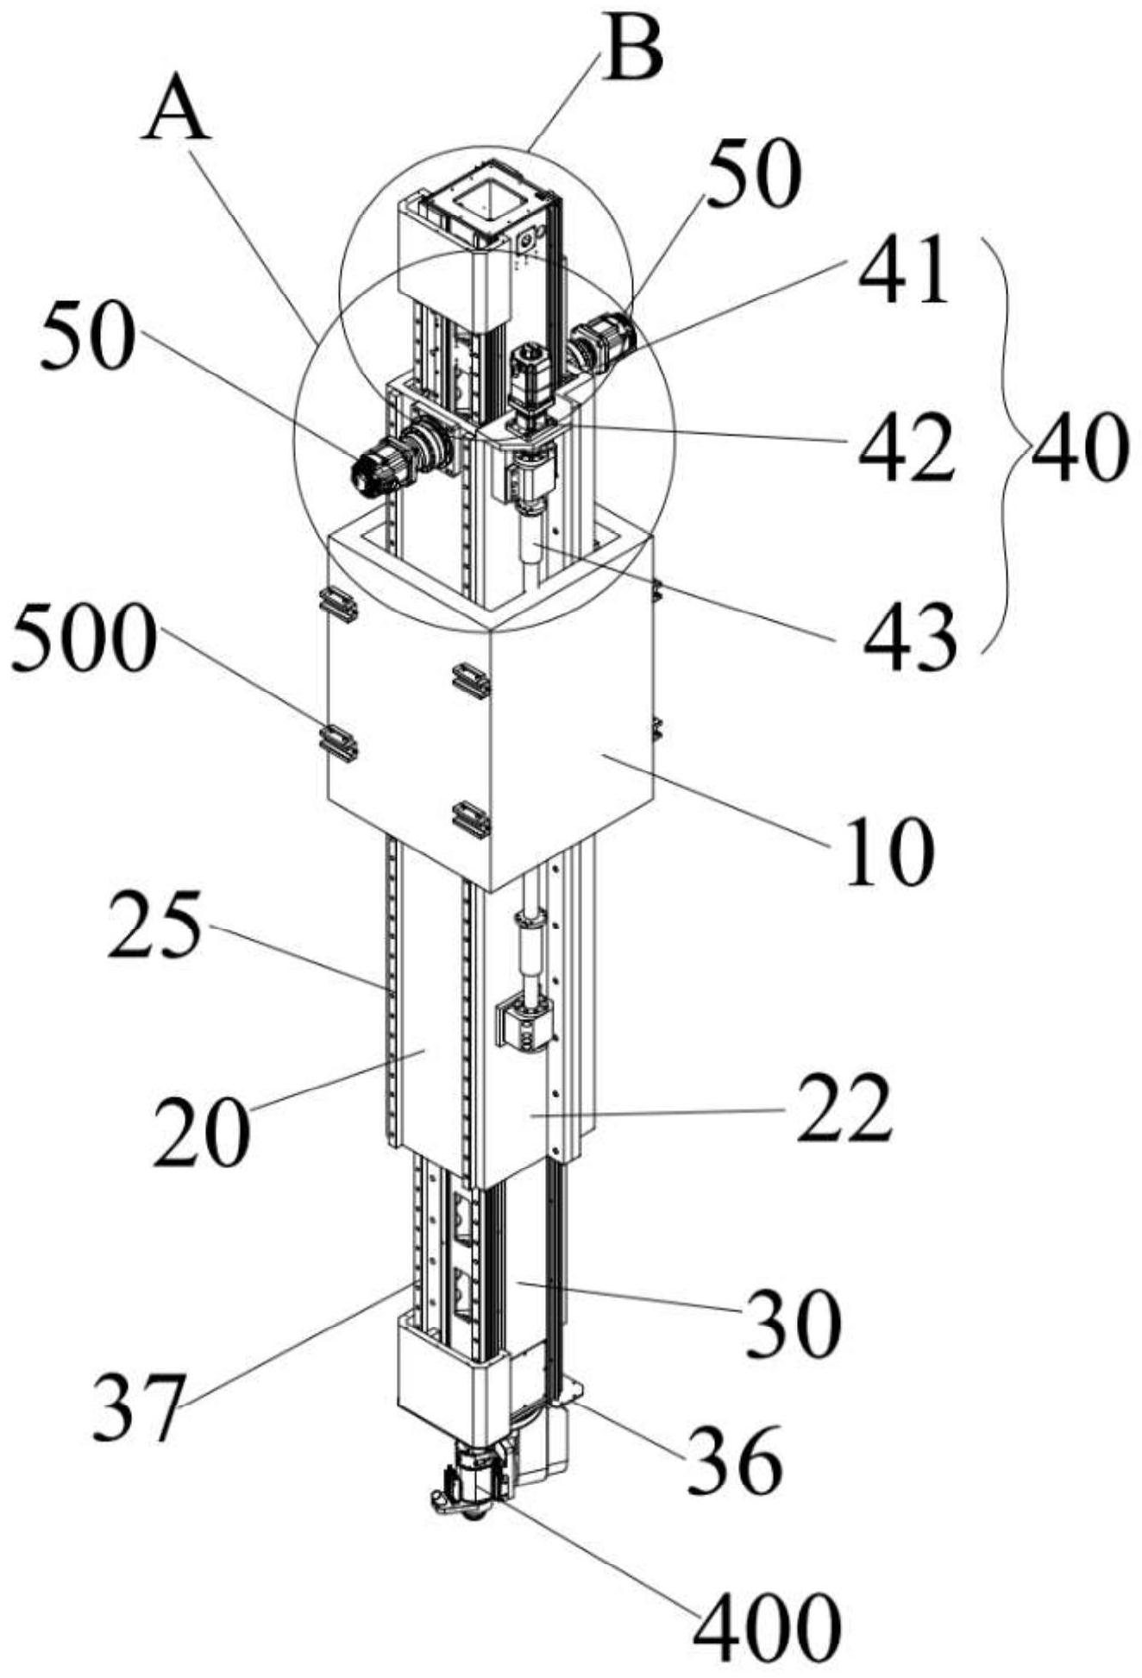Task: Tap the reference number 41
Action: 902,272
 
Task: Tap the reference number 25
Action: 154,926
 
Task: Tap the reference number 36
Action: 733,1459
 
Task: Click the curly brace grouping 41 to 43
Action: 1005,446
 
